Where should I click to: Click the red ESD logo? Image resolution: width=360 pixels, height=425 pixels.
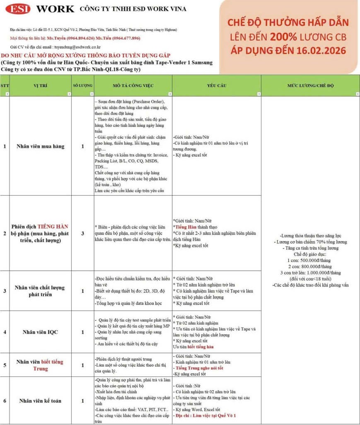18,9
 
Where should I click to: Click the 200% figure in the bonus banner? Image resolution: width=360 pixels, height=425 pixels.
283,37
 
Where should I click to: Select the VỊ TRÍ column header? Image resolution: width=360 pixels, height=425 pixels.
41,85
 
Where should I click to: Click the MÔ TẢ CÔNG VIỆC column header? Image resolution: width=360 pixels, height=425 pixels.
133,85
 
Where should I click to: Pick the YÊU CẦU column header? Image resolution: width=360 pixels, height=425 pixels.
216,85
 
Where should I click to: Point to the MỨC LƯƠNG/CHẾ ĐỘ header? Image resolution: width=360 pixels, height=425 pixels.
310,85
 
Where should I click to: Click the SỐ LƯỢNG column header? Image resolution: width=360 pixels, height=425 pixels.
83,85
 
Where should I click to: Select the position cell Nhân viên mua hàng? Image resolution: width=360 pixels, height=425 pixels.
41,146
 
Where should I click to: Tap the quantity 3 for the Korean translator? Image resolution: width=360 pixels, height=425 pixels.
83,233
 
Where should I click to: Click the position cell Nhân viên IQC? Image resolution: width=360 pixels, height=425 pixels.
41,332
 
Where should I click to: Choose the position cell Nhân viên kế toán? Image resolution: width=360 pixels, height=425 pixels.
41,401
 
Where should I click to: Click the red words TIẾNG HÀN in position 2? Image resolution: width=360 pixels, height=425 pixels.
53,227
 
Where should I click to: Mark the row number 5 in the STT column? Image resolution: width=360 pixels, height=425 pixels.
5,365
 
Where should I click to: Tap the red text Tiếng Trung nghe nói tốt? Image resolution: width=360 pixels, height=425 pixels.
199,368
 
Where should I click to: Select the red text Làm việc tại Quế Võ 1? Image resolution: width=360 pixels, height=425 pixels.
216,415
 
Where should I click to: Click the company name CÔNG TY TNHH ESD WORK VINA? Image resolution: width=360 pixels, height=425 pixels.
133,9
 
